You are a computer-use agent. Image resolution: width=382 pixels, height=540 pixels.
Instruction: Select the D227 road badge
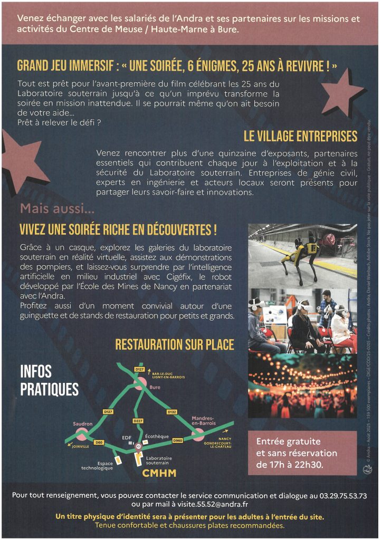[138, 420]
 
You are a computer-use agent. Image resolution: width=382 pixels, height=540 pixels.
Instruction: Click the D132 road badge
[172, 411]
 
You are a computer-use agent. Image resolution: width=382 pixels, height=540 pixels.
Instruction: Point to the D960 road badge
[178, 440]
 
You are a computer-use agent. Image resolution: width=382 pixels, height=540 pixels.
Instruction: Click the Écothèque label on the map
[157, 436]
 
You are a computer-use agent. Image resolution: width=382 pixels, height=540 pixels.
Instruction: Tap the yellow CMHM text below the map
[159, 474]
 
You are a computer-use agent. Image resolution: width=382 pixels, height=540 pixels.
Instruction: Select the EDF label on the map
[127, 437]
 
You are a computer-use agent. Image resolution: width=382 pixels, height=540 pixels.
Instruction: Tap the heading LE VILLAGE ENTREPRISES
[300, 136]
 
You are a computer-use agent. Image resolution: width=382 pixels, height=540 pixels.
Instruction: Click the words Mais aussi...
[57, 208]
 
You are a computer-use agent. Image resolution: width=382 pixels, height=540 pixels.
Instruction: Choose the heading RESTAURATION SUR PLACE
[175, 345]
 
